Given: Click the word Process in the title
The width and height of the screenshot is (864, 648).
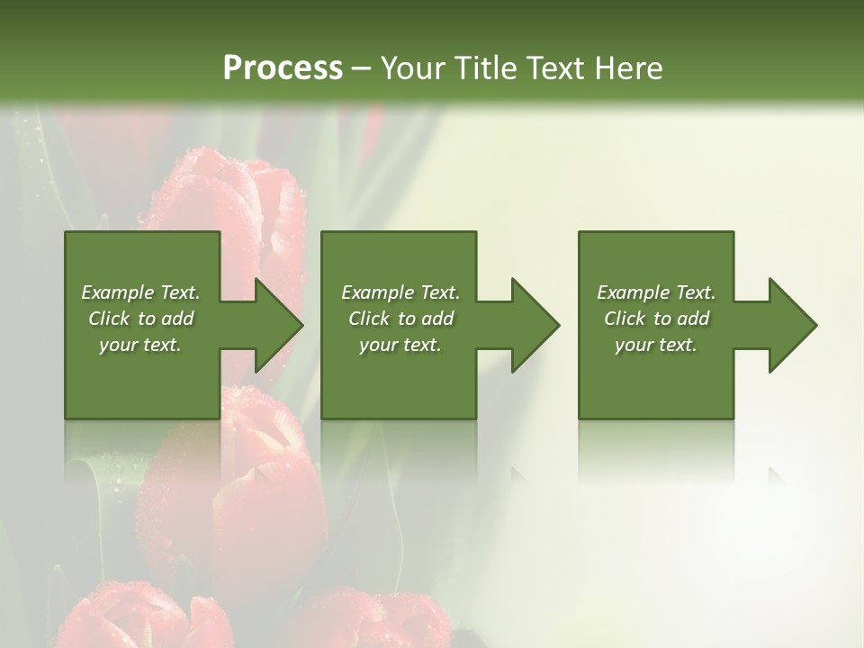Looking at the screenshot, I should [283, 68].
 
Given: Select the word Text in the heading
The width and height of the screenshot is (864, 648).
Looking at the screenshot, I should [557, 68].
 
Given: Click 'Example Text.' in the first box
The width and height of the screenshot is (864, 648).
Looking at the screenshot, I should [140, 292].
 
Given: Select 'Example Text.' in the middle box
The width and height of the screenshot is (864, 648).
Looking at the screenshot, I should [400, 292].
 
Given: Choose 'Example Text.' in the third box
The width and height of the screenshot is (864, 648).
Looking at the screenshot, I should [656, 292].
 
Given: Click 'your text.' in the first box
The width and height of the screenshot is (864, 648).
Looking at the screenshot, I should [140, 345].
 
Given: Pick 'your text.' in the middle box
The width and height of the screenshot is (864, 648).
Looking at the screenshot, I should [400, 345].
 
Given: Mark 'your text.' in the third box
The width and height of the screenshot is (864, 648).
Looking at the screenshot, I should [656, 345].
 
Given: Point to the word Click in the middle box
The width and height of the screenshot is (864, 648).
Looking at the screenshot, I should [369, 319].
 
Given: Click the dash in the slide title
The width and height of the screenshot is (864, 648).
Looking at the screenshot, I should [362, 68].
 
